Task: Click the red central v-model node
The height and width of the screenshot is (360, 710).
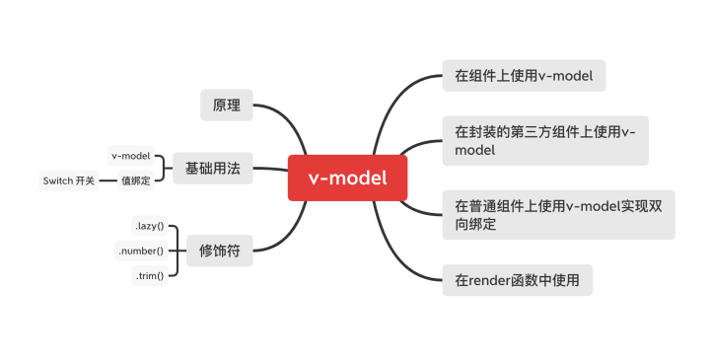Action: coord(347,178)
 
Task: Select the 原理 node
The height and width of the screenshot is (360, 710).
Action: coord(226,104)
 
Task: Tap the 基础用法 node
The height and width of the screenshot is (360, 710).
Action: coord(212,169)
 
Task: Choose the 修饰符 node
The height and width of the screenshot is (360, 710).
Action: coord(219,251)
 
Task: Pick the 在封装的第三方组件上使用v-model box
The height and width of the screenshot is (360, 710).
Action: coord(544,140)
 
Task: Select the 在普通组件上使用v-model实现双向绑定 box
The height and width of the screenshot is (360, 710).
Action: coord(558,215)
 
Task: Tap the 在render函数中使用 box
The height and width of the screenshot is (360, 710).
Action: coord(523,281)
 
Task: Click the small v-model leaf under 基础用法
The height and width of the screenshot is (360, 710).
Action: coord(130,156)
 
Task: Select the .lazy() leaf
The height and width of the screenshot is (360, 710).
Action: coord(149,226)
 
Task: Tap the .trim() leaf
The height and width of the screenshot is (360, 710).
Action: coord(149,276)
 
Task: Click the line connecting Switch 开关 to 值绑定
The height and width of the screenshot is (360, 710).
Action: coord(107,180)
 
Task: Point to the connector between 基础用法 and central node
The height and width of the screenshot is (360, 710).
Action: coord(269,169)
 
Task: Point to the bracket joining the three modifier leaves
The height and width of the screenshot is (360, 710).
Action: coord(176,251)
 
